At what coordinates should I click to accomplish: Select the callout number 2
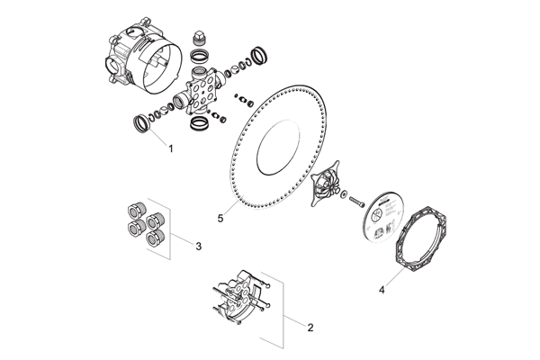(310, 328)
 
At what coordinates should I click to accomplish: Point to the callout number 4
(382, 290)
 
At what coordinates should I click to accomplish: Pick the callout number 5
(219, 216)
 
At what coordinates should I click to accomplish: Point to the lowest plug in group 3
(154, 237)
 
